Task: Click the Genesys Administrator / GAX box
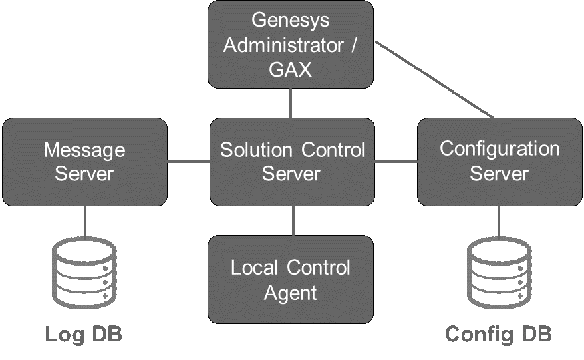pos(291,45)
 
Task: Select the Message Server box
pos(84,162)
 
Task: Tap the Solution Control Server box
pos(292,162)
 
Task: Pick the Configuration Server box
pos(499,162)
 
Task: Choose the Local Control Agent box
pos(291,279)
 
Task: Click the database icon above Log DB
pos(84,273)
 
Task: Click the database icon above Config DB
pos(499,273)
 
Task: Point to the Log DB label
pos(84,334)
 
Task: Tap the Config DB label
pos(498,334)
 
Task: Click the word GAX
pos(291,69)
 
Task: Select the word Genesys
pos(291,20)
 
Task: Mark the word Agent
pos(291,293)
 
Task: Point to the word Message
pos(84,150)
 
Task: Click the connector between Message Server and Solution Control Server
pos(188,162)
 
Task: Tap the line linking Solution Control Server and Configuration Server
pos(396,162)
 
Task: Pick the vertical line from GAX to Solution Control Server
pos(291,103)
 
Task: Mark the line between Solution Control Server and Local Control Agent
pos(293,220)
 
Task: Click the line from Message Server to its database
pos(85,222)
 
